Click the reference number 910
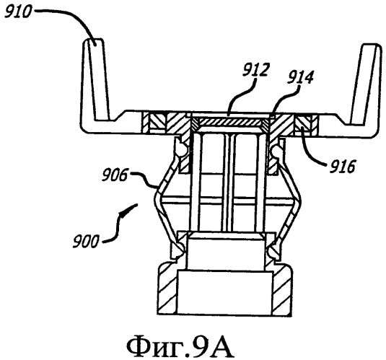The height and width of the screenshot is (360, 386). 18,12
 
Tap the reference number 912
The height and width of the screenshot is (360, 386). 255,70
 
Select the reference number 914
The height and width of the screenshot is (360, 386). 300,78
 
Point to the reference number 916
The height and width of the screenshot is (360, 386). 343,166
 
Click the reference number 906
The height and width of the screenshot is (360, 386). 115,175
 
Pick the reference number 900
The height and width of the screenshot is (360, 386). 85,240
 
